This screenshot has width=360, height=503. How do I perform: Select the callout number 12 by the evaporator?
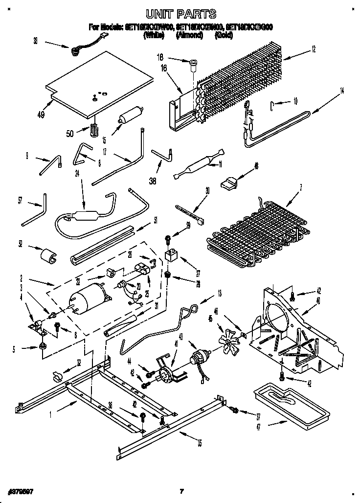313,48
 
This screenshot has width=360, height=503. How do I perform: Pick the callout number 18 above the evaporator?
159,57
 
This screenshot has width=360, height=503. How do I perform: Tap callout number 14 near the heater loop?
342,90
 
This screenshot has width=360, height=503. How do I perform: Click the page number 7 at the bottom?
181,491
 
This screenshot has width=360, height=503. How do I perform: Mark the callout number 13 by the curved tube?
219,294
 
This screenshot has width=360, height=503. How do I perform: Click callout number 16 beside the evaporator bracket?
164,69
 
